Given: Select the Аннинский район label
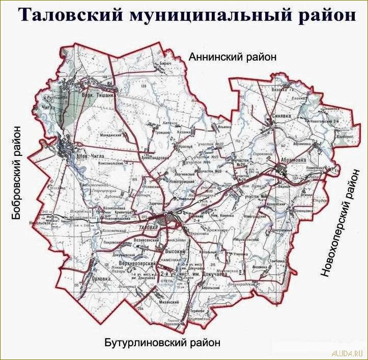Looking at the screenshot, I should [233, 57].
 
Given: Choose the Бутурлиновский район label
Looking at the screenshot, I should [163, 343].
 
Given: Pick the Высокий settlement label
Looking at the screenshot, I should [174, 252].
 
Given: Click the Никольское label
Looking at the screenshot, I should [31, 221].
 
